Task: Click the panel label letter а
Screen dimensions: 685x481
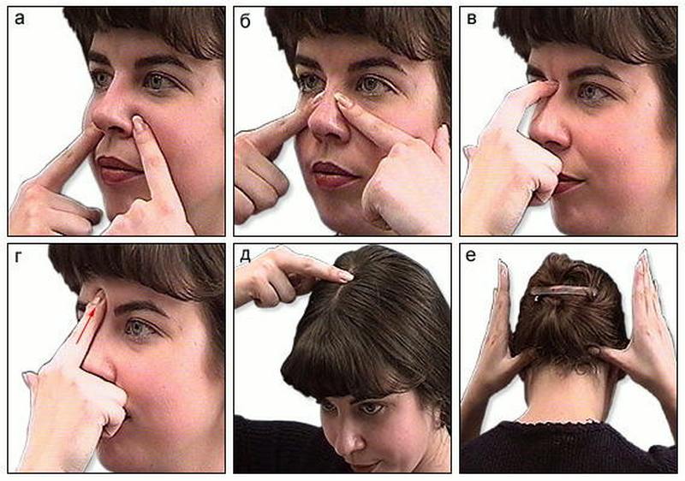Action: click(x=19, y=19)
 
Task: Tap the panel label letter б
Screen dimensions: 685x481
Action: click(x=246, y=21)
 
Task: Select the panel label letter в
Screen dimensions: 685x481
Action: click(x=472, y=19)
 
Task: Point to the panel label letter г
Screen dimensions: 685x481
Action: click(x=18, y=257)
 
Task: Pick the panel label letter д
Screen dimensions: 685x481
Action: click(x=246, y=256)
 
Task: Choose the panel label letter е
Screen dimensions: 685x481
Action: click(x=470, y=255)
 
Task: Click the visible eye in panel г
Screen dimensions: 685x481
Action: click(x=140, y=327)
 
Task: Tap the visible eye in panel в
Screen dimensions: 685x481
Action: click(x=590, y=92)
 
